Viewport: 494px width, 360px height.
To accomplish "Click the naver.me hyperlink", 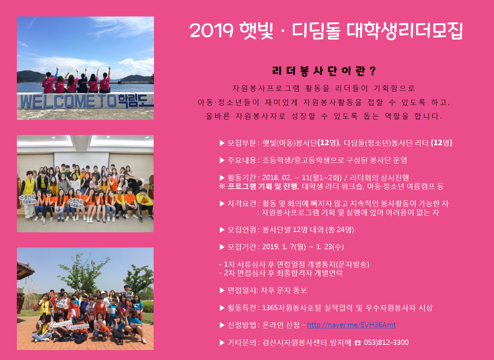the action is point(351,325).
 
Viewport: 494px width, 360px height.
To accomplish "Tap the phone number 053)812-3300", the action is point(386,342).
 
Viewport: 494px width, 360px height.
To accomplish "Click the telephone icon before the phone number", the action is point(358,343).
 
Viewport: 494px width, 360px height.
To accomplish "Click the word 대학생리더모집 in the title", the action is point(404,31).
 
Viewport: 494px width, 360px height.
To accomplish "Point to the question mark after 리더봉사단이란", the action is point(372,71).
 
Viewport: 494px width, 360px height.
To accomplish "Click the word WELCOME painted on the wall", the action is point(57,102).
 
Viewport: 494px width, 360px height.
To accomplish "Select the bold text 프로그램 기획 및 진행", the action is point(263,187).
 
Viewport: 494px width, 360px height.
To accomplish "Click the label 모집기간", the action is point(242,247).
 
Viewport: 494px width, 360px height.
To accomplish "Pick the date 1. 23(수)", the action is point(330,247).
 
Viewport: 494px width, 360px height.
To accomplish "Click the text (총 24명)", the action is point(340,230).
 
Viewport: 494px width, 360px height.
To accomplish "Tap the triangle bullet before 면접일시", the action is point(222,290).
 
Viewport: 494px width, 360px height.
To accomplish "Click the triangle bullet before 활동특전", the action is point(222,308).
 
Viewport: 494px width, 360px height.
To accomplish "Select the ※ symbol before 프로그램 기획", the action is point(222,187).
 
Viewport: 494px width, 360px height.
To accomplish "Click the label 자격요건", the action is point(242,203).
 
